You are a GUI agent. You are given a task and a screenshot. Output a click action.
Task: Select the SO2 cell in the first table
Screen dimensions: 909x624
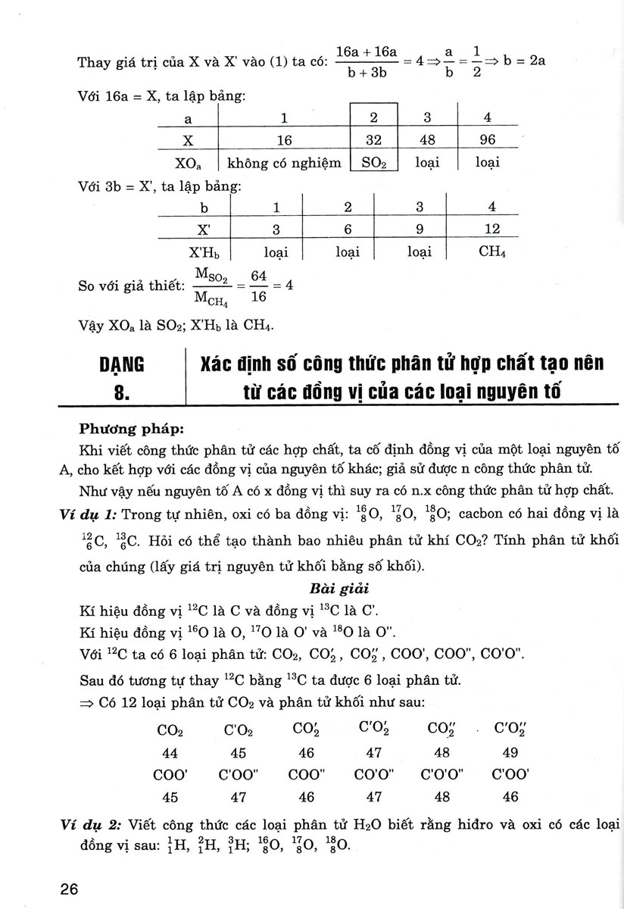pos(373,162)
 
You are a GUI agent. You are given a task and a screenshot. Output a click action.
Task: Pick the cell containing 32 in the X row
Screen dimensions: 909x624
pos(373,141)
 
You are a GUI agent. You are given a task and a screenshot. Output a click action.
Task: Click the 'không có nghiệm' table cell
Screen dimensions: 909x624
pos(280,162)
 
